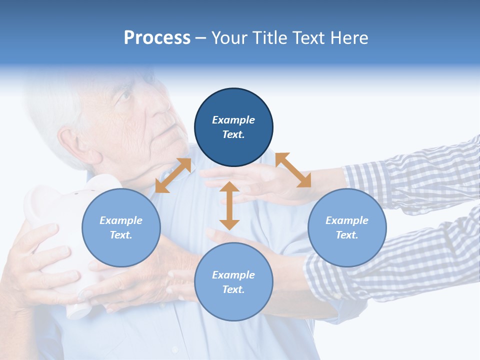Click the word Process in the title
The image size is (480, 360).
tap(157, 38)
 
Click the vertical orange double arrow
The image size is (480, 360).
tap(229, 205)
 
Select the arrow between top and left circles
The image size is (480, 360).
tap(173, 175)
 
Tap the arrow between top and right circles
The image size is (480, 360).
tap(293, 170)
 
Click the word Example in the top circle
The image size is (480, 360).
tap(233, 120)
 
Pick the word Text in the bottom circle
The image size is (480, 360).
tap(233, 290)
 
